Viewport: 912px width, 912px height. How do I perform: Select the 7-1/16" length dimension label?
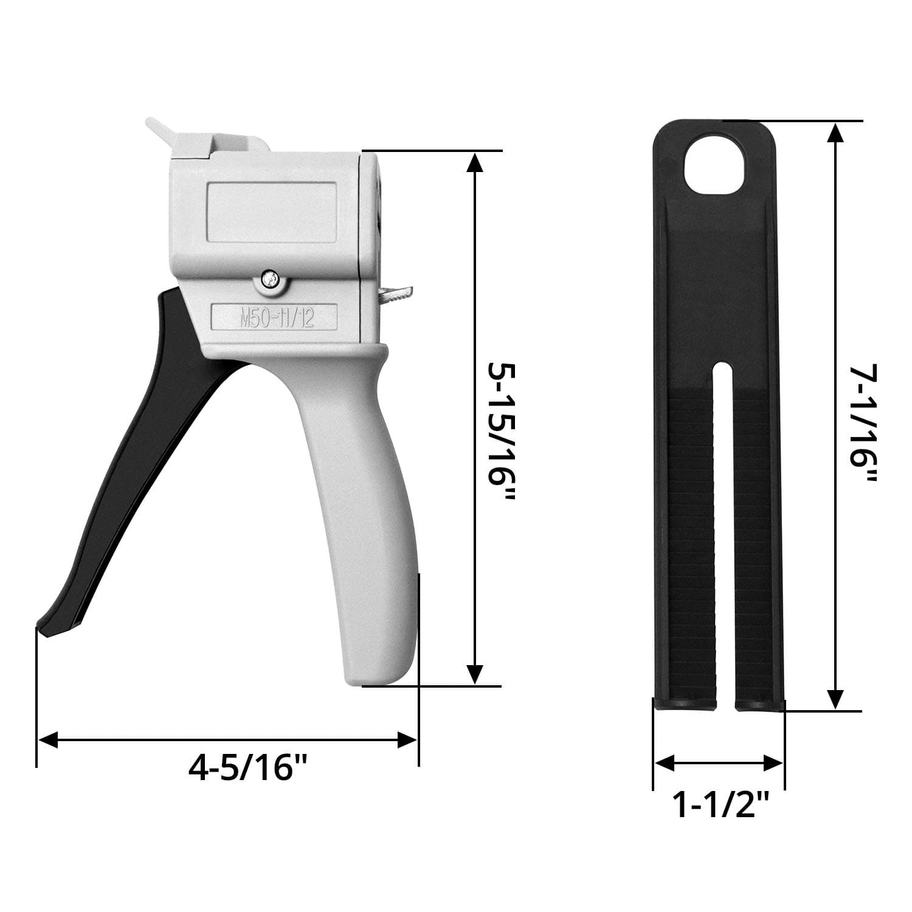point(863,424)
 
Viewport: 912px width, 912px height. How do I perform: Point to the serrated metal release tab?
point(396,295)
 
